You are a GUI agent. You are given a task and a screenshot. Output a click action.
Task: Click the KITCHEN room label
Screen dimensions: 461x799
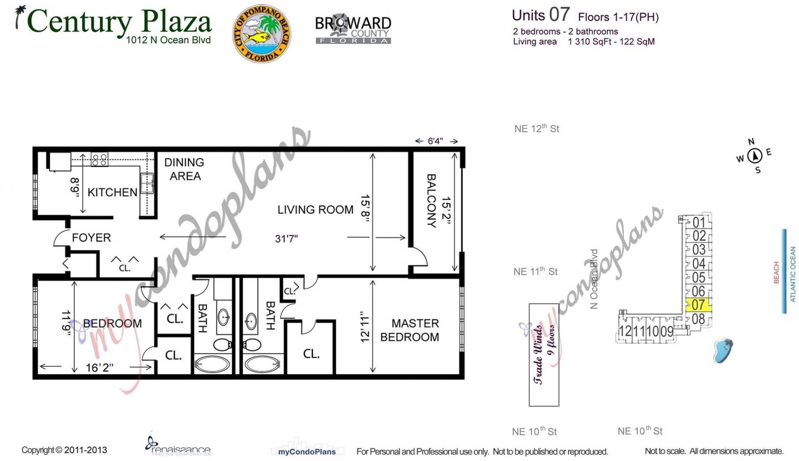(x=112, y=192)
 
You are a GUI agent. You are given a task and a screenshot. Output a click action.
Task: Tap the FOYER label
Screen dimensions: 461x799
(x=92, y=238)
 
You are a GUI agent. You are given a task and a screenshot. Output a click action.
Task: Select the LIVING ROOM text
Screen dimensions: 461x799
(x=315, y=209)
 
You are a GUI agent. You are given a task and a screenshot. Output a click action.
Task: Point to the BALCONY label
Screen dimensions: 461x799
(x=432, y=201)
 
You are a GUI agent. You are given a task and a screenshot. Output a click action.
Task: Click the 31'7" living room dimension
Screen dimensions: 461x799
(x=286, y=239)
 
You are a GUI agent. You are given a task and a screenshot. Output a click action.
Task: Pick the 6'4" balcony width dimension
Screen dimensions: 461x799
(x=435, y=141)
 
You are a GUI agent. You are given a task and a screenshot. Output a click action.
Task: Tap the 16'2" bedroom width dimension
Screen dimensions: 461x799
(x=99, y=368)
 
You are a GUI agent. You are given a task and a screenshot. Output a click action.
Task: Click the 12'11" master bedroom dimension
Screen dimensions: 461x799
(x=365, y=327)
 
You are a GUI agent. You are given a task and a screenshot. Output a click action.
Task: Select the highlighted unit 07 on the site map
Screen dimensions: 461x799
(x=698, y=305)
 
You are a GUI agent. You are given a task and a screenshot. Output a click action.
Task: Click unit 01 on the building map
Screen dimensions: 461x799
(x=699, y=222)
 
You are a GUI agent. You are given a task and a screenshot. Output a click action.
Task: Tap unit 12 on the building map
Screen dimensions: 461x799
(x=625, y=331)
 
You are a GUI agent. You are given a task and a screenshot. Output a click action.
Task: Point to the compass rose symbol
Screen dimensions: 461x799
(x=754, y=156)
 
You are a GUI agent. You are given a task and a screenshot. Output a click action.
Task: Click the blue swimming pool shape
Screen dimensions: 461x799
(x=723, y=350)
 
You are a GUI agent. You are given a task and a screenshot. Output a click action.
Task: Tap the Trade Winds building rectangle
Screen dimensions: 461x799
(x=544, y=354)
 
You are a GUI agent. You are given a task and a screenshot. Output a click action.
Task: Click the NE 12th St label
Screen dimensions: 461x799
(x=537, y=129)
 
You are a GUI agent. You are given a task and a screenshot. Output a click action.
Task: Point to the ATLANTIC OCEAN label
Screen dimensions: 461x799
(x=793, y=274)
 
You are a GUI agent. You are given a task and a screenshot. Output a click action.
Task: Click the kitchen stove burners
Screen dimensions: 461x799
(x=99, y=159)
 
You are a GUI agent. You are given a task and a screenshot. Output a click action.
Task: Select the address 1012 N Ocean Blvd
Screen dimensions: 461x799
(x=169, y=40)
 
